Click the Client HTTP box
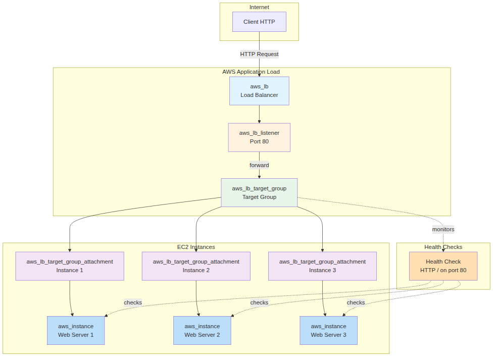[x=259, y=22]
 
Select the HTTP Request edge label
[x=259, y=54]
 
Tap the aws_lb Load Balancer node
[x=259, y=91]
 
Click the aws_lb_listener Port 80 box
[x=259, y=137]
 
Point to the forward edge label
[x=259, y=165]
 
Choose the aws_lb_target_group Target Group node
[x=259, y=192]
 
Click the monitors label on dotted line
[x=443, y=229]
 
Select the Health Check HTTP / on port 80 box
[x=443, y=266]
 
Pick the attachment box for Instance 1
[x=70, y=266]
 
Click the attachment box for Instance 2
[x=196, y=266]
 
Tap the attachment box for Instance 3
[x=322, y=266]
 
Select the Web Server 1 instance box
[x=76, y=331]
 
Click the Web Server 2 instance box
[x=202, y=331]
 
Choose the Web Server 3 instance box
[x=328, y=331]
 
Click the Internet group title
[x=259, y=7]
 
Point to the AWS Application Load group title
[x=251, y=72]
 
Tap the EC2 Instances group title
[x=196, y=247]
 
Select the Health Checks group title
[x=443, y=247]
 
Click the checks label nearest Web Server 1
[x=133, y=302]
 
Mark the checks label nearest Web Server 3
[x=356, y=302]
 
